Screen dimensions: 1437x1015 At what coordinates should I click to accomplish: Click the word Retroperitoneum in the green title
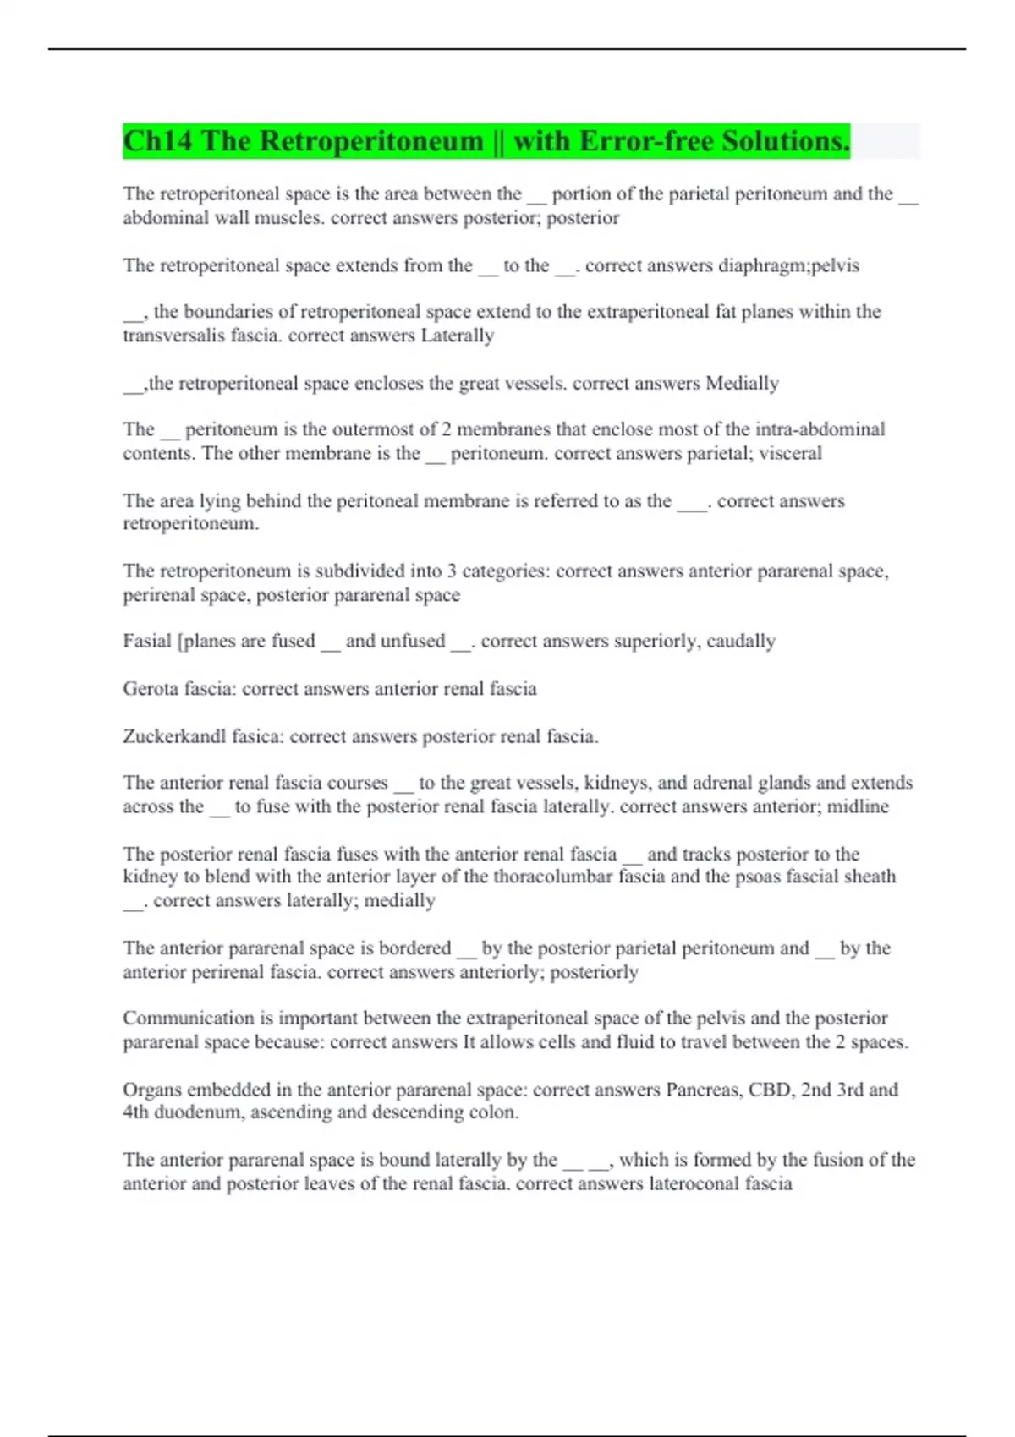click(x=372, y=141)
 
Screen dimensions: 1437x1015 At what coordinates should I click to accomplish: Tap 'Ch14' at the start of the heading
click(x=157, y=141)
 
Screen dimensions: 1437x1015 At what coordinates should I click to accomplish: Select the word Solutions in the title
click(x=786, y=141)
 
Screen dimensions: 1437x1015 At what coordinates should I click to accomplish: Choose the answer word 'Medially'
click(x=742, y=383)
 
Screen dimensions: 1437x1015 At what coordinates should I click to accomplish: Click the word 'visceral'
click(x=790, y=453)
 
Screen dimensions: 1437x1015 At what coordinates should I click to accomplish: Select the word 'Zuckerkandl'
click(x=174, y=736)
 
